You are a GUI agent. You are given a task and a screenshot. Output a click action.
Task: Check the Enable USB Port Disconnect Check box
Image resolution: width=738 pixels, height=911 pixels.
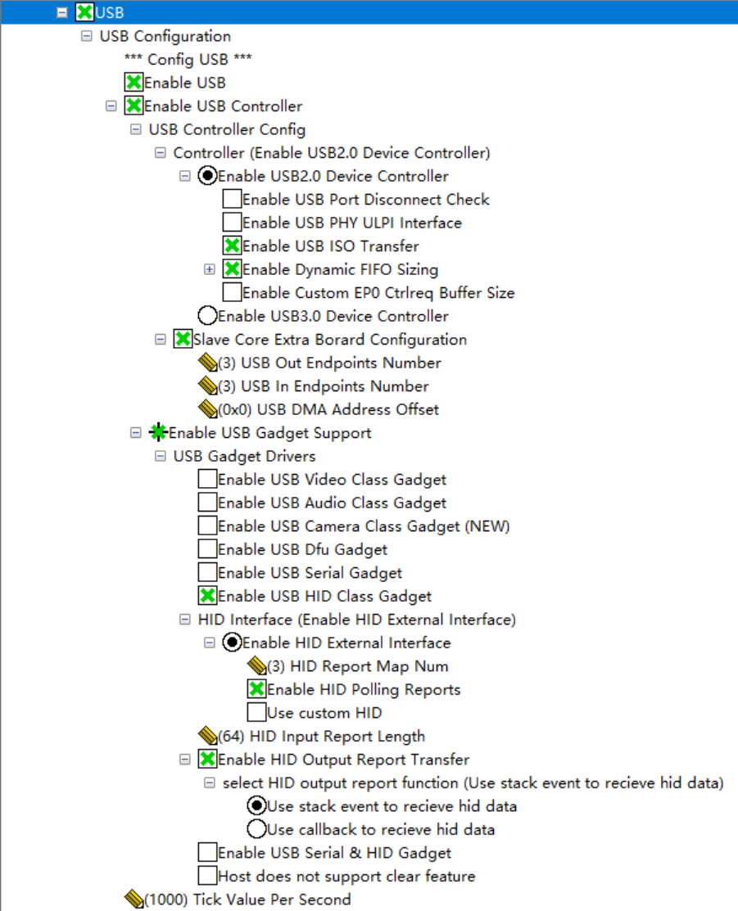[232, 199]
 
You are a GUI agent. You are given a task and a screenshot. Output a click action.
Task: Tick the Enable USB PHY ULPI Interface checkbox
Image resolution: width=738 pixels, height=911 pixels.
[232, 223]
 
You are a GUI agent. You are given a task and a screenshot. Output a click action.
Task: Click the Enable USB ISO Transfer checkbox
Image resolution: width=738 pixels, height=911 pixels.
[232, 246]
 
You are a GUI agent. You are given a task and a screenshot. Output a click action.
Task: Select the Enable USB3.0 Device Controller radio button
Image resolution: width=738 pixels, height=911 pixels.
[207, 316]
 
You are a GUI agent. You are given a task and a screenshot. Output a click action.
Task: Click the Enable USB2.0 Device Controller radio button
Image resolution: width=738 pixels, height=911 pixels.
[207, 176]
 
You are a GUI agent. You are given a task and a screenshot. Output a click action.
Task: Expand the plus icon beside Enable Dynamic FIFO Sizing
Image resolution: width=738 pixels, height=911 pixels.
[210, 269]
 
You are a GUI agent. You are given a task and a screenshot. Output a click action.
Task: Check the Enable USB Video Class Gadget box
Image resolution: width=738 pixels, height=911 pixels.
[207, 480]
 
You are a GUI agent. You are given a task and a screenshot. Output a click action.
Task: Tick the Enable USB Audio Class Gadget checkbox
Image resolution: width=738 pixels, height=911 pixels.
[207, 503]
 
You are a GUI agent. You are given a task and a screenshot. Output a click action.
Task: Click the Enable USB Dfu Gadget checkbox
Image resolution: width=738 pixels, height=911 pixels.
[207, 549]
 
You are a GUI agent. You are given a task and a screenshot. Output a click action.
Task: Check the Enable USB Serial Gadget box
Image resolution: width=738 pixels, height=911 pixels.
[207, 573]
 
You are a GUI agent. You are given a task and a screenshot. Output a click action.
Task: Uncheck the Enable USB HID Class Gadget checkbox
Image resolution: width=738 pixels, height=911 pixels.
[207, 596]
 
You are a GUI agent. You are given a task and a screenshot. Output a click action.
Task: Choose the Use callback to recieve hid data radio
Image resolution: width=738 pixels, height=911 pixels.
[256, 829]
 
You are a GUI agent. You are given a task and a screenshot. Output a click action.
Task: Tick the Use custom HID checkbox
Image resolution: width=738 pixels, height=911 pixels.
[256, 713]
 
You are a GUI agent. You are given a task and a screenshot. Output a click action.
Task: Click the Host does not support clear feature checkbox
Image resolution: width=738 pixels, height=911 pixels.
[207, 876]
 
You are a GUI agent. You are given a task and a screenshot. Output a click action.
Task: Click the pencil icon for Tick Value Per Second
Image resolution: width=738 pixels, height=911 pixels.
[134, 900]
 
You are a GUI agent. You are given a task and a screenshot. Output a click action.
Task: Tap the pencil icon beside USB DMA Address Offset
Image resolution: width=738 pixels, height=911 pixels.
[207, 409]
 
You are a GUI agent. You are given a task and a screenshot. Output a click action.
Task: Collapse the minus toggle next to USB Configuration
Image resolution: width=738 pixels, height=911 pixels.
[87, 36]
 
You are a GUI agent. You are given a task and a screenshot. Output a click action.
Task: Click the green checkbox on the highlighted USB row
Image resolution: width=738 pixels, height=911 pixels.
[84, 12]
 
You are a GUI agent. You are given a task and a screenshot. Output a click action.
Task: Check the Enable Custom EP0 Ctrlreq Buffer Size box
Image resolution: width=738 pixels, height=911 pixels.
[232, 292]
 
